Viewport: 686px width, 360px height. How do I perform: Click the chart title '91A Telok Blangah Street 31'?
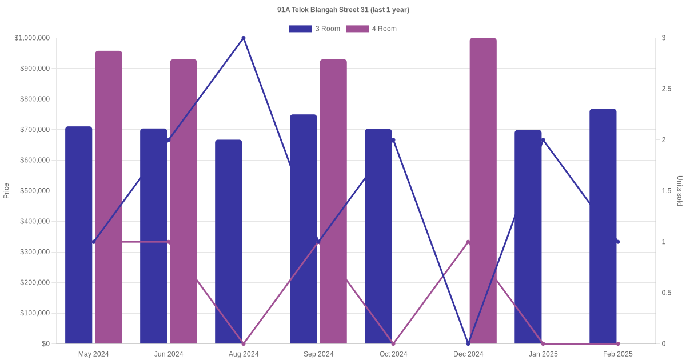coord(343,10)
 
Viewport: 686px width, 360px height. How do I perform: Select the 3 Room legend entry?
coord(314,29)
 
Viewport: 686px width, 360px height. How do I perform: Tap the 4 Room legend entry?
coord(371,29)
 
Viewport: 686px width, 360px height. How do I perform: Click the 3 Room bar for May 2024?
coord(78,235)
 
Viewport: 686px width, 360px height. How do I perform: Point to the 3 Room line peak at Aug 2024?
coord(244,38)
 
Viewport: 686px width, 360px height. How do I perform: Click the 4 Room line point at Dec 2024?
coord(468,242)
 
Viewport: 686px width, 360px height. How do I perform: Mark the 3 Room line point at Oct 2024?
coord(393,140)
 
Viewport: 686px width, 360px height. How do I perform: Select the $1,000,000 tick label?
coord(32,38)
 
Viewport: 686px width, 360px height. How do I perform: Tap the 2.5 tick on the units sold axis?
coord(667,89)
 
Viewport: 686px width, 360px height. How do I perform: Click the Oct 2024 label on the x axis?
coord(393,354)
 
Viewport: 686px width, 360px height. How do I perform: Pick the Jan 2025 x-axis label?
coord(543,354)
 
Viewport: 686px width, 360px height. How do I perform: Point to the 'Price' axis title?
coord(6,191)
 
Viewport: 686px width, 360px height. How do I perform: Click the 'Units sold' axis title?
coord(680,191)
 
